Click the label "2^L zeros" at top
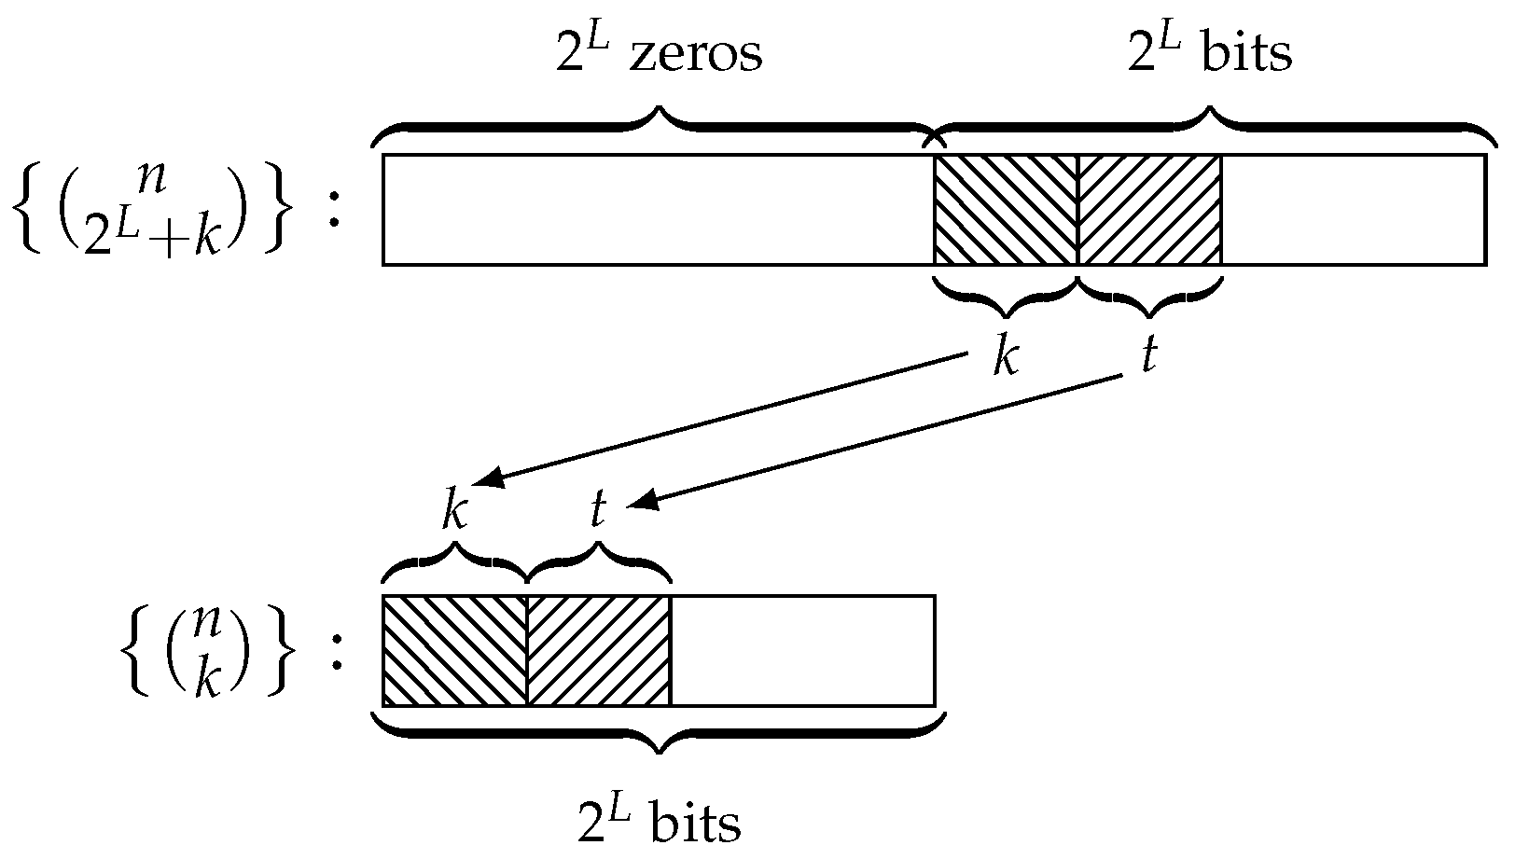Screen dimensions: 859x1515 [x=659, y=53]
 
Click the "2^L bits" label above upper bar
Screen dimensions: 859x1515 [x=1211, y=53]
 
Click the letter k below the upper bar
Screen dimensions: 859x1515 [x=1005, y=356]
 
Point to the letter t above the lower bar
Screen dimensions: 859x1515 [x=598, y=511]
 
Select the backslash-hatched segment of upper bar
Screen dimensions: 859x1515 [x=1006, y=210]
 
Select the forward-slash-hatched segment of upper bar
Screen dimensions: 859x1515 [x=1149, y=210]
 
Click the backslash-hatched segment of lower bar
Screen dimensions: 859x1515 [x=454, y=650]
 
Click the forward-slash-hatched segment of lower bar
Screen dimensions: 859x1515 [x=599, y=650]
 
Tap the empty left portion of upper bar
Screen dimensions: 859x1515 [x=658, y=210]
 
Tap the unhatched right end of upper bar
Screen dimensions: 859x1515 [x=1353, y=210]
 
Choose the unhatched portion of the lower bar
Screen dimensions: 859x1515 [x=802, y=650]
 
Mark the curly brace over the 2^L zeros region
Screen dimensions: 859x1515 [x=658, y=127]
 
